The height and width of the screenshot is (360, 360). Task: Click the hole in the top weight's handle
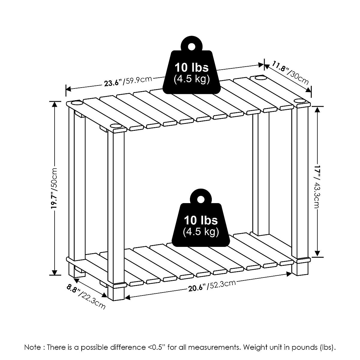pyautogui.click(x=191, y=46)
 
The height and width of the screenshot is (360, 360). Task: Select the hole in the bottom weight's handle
pyautogui.click(x=201, y=199)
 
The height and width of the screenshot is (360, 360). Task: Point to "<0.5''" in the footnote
pyautogui.click(x=156, y=347)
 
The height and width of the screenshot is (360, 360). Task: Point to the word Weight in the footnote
pyautogui.click(x=254, y=347)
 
